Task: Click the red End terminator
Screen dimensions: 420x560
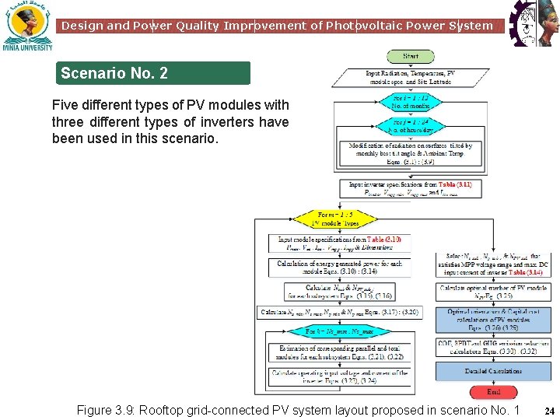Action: click(x=493, y=392)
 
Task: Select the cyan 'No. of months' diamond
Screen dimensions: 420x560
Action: click(x=410, y=103)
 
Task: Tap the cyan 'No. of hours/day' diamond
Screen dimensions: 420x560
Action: click(x=410, y=127)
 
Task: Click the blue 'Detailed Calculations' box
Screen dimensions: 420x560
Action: click(x=493, y=371)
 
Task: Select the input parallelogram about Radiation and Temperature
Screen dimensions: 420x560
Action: click(x=410, y=78)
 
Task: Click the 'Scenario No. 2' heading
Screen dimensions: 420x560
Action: click(x=114, y=74)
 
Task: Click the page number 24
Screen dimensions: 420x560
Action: click(x=548, y=411)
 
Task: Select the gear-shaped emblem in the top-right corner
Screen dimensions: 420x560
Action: click(x=533, y=23)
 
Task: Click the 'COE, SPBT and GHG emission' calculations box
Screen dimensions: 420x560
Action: click(x=493, y=347)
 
